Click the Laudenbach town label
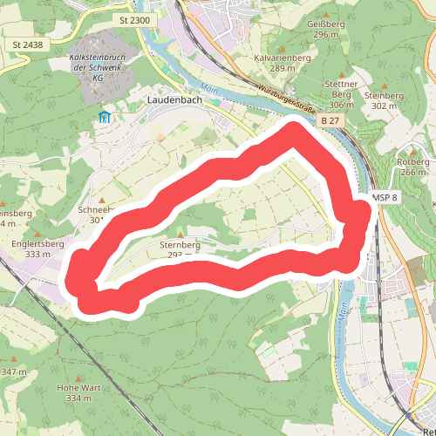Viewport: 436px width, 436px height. point(175,101)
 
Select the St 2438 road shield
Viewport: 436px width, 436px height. point(26,44)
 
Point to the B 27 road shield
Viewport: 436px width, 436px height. point(329,119)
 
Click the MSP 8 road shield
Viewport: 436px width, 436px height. point(384,199)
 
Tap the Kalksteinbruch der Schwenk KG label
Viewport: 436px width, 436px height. point(99,66)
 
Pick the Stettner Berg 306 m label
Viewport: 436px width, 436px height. point(341,93)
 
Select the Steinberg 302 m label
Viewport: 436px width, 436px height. point(389,99)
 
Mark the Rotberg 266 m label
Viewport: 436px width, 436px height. point(412,166)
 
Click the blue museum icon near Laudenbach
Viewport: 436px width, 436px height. point(105,116)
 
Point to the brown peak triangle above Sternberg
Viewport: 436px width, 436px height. point(181,235)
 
